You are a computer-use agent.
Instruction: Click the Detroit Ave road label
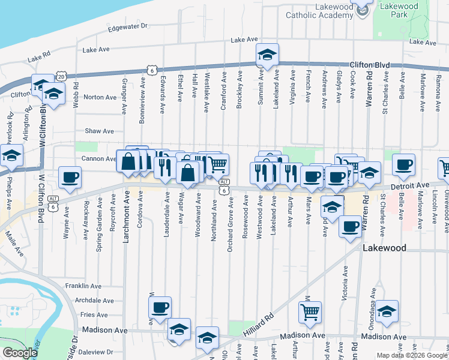point(415,186)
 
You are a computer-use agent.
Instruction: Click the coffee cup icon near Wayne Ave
point(70,177)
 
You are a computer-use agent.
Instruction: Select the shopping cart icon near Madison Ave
point(310,311)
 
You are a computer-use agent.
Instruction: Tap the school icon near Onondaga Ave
point(387,310)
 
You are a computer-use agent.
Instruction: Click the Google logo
point(19,353)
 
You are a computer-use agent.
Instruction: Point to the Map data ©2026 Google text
point(411,355)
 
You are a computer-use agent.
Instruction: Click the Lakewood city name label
point(384,248)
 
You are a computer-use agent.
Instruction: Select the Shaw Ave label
point(99,131)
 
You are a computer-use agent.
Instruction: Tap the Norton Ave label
point(100,97)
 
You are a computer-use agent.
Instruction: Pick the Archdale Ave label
point(90,300)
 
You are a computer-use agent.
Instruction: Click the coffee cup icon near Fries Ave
point(160,307)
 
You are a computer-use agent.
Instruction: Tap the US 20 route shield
point(61,76)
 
